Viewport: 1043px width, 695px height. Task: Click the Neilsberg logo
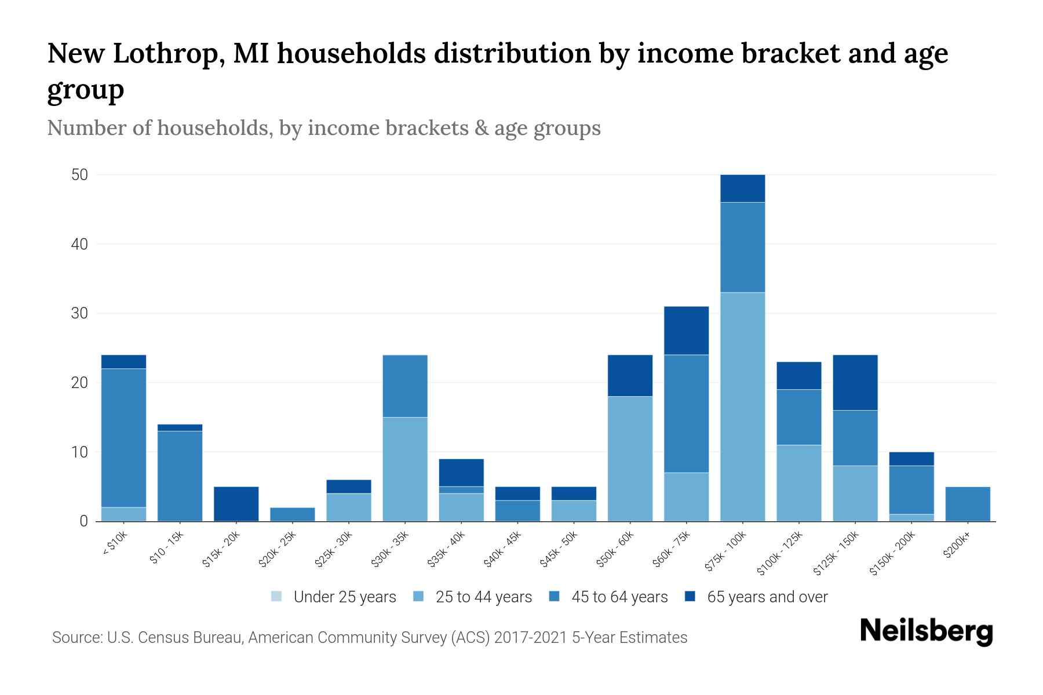click(926, 631)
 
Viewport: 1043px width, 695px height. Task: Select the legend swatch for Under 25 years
click(277, 597)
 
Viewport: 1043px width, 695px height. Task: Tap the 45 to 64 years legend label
click(619, 597)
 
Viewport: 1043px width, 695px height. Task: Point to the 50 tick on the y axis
click(79, 175)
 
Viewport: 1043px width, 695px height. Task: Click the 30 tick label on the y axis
click(79, 313)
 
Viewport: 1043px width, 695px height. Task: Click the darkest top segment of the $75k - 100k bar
click(742, 188)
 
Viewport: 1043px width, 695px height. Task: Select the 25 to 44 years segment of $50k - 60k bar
click(630, 459)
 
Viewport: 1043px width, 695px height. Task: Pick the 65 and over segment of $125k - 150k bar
click(855, 382)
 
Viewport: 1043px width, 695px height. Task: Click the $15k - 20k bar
click(236, 504)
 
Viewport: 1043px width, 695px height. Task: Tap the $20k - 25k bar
click(292, 514)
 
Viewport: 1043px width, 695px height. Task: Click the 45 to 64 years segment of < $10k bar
click(123, 438)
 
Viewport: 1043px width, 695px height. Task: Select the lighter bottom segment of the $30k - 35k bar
click(405, 469)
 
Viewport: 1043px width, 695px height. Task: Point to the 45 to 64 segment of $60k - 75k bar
click(686, 414)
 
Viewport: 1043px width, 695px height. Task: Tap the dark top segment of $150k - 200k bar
click(911, 459)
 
